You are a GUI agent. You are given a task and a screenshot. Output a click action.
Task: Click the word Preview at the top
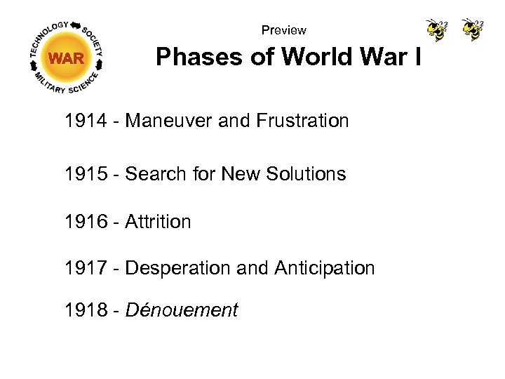283,30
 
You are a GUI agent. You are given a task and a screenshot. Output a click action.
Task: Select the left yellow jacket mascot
436,30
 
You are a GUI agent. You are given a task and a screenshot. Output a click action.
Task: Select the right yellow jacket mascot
472,29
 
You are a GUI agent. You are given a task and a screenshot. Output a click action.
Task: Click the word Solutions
307,173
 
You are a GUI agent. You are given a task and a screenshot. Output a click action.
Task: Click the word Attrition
158,222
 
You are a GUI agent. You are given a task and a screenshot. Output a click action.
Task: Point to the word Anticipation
324,268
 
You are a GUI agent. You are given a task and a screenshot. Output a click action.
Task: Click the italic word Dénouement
182,310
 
